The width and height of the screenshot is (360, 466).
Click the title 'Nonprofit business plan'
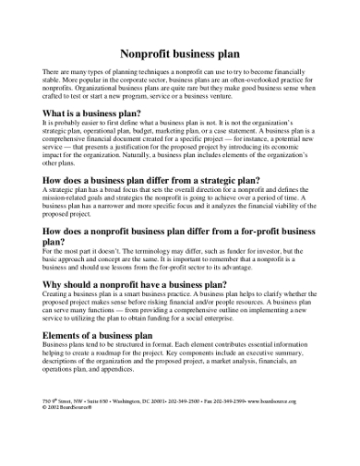(179, 54)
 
